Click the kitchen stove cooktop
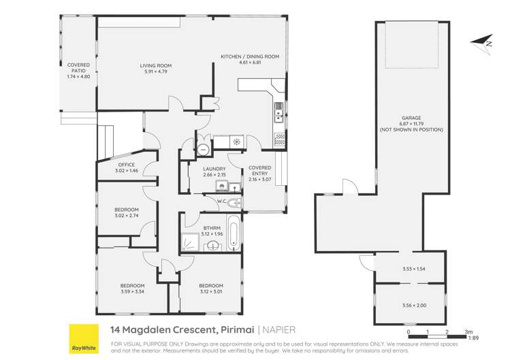point(279,139)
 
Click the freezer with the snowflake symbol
point(236,142)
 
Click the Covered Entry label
point(260,170)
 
